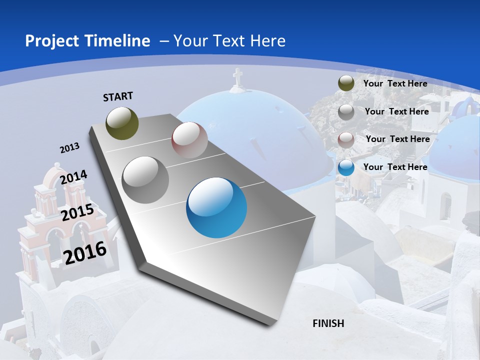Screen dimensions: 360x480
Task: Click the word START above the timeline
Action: pyautogui.click(x=118, y=96)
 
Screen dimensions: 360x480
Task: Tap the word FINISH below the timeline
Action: pyautogui.click(x=328, y=323)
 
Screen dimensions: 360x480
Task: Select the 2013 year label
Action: pyautogui.click(x=70, y=148)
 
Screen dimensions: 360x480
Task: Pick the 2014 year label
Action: pyautogui.click(x=74, y=177)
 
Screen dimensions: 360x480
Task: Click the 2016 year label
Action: pyautogui.click(x=85, y=252)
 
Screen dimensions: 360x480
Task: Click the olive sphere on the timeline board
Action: pyautogui.click(x=122, y=123)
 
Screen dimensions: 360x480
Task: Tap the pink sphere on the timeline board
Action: pyautogui.click(x=189, y=140)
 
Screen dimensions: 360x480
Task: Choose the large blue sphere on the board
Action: pyautogui.click(x=216, y=207)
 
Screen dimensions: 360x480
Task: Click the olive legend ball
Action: pyautogui.click(x=346, y=83)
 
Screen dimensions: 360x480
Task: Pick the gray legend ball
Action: pyautogui.click(x=346, y=111)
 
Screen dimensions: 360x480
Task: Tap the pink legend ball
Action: pyautogui.click(x=346, y=139)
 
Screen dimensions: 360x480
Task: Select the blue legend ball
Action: pyautogui.click(x=346, y=167)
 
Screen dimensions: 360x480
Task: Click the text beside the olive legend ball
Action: pyautogui.click(x=395, y=83)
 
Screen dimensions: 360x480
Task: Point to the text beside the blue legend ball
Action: pyautogui.click(x=395, y=167)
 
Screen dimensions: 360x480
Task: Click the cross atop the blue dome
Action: pyautogui.click(x=237, y=77)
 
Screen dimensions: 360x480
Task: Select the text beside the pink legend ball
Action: pyautogui.click(x=398, y=139)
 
